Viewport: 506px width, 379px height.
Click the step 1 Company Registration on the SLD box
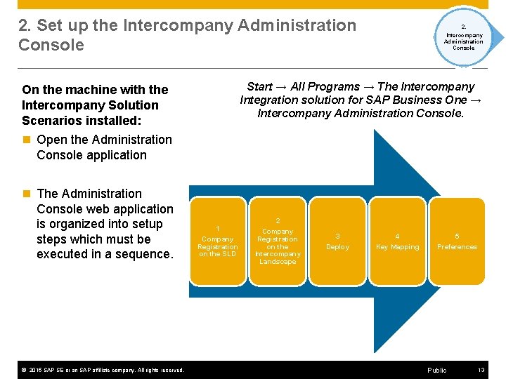click(x=217, y=241)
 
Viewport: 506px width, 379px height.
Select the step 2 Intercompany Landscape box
click(x=278, y=241)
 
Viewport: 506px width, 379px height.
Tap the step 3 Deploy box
click(x=337, y=241)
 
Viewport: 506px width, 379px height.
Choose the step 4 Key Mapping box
click(x=397, y=241)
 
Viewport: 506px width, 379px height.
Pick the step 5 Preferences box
click(x=457, y=241)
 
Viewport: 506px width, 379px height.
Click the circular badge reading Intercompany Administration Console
click(x=463, y=37)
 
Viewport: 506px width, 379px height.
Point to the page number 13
click(x=481, y=370)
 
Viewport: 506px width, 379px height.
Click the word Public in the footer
click(x=436, y=370)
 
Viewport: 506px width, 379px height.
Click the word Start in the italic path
click(x=259, y=86)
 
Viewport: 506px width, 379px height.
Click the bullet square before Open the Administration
click(x=26, y=140)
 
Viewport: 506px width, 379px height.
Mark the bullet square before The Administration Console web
click(x=26, y=194)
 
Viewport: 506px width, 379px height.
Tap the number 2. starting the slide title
click(x=25, y=26)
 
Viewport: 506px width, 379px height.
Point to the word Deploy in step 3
click(x=337, y=247)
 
